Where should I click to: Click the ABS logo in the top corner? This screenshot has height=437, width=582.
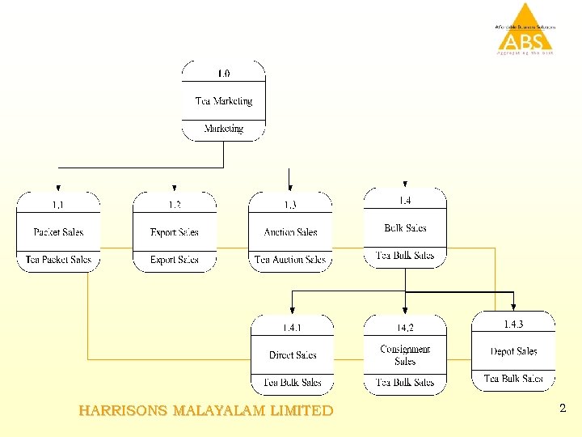(x=525, y=31)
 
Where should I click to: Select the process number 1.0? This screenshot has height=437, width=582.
(x=223, y=73)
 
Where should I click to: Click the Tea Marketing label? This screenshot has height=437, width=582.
(x=223, y=101)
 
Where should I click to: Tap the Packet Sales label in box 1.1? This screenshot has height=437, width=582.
(x=58, y=232)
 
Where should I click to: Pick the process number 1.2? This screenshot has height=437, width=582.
(x=175, y=205)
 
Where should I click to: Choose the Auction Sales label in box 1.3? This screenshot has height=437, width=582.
(x=290, y=232)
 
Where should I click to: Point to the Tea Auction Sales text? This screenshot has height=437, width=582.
(x=290, y=260)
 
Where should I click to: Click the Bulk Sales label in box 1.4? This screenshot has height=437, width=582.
(x=405, y=228)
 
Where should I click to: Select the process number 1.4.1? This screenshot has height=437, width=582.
(x=292, y=328)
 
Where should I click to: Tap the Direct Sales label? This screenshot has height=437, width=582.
(x=293, y=355)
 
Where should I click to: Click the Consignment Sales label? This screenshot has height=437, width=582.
(x=405, y=355)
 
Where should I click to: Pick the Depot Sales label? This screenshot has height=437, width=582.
(x=513, y=351)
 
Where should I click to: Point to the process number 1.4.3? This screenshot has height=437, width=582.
(x=513, y=325)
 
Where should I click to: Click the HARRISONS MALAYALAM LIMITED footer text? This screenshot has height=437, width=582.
(x=206, y=411)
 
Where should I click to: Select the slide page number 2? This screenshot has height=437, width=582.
(x=563, y=409)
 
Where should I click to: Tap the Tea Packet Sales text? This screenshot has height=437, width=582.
(x=58, y=260)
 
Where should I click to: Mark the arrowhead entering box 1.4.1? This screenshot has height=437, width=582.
(x=292, y=310)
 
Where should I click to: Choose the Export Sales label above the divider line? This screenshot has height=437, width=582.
(x=175, y=232)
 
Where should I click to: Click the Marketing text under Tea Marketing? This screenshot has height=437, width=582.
(x=223, y=129)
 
